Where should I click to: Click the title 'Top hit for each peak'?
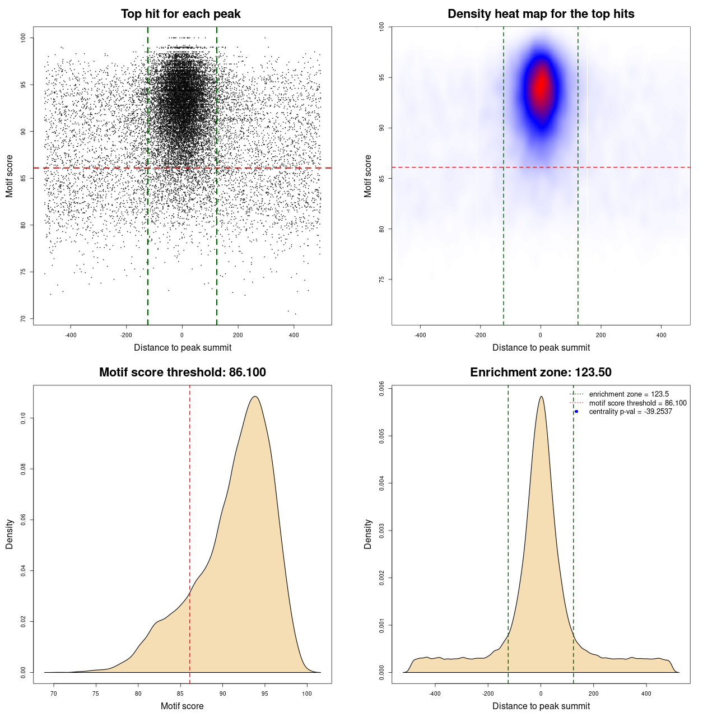pyautogui.click(x=180, y=14)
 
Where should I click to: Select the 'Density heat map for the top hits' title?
pyautogui.click(x=541, y=14)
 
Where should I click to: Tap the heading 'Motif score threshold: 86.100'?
pyautogui.click(x=182, y=373)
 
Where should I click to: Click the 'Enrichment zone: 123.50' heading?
pyautogui.click(x=541, y=373)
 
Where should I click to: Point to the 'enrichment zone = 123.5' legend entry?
pyautogui.click(x=628, y=394)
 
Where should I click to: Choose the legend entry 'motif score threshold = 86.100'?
pyautogui.click(x=637, y=403)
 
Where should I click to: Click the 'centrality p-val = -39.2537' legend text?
pyautogui.click(x=630, y=412)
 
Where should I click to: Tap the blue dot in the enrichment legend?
pyautogui.click(x=576, y=412)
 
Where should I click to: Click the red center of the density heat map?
pyautogui.click(x=541, y=87)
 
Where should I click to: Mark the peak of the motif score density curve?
pyautogui.click(x=255, y=397)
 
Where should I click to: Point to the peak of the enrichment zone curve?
pyautogui.click(x=541, y=397)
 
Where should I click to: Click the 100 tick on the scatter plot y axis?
pyautogui.click(x=23, y=38)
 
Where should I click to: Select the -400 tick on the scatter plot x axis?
pyautogui.click(x=71, y=335)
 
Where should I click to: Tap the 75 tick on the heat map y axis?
pyautogui.click(x=381, y=280)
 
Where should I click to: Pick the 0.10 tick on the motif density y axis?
pyautogui.click(x=23, y=418)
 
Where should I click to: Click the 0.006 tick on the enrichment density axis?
pyautogui.click(x=381, y=388)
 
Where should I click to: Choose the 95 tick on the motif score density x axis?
pyautogui.click(x=264, y=693)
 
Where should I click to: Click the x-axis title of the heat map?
pyautogui.click(x=541, y=348)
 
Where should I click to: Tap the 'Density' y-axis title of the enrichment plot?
pyautogui.click(x=368, y=534)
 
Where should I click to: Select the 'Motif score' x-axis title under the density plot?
pyautogui.click(x=182, y=706)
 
